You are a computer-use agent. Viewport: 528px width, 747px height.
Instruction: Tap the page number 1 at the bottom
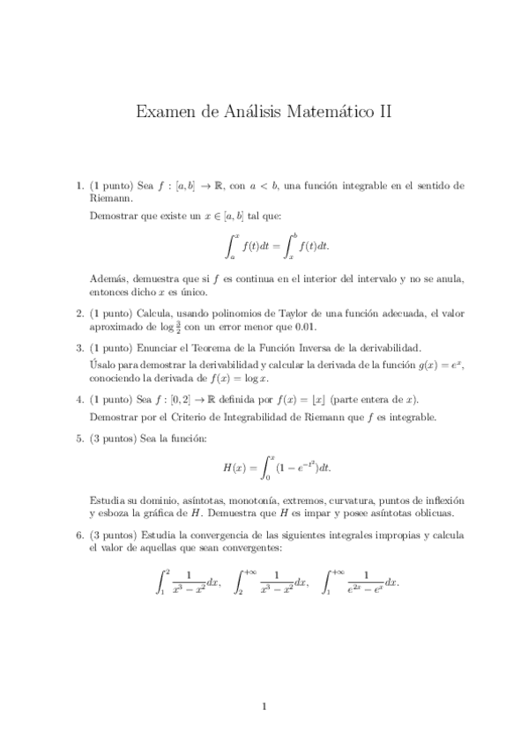click(x=264, y=705)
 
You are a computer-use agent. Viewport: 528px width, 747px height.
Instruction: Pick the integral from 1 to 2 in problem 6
click(x=187, y=582)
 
